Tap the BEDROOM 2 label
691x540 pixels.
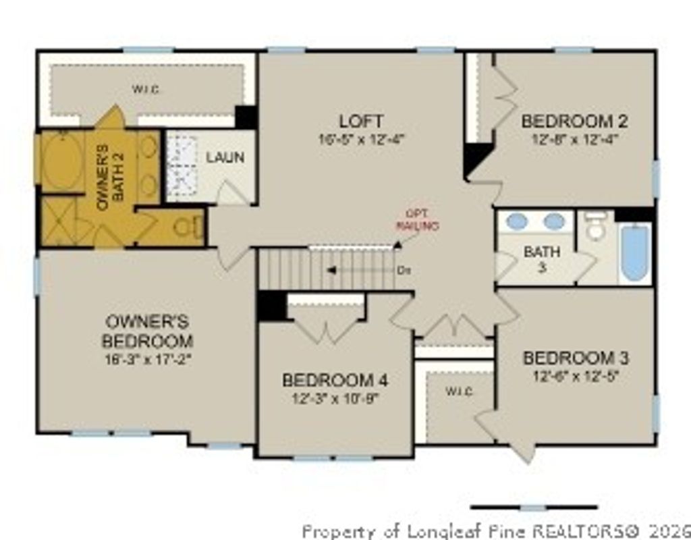click(x=575, y=122)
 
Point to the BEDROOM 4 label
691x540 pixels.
click(x=335, y=380)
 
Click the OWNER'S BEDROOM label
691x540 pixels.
click(x=147, y=331)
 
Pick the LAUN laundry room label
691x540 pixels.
click(x=225, y=157)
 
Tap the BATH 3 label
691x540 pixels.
click(x=542, y=260)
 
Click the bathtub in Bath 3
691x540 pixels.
click(x=634, y=253)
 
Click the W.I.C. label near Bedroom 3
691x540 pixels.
click(x=459, y=391)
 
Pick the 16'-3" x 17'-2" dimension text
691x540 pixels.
click(x=147, y=359)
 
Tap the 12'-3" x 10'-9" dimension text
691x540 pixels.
click(x=335, y=398)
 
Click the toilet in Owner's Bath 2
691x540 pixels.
click(x=185, y=227)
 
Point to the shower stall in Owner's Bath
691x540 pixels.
click(x=59, y=221)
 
